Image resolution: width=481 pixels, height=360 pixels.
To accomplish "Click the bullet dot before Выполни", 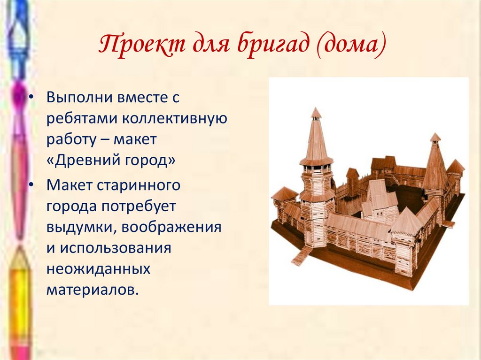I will coord(31,98).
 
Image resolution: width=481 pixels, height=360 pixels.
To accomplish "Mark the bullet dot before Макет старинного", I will coord(31,185).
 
